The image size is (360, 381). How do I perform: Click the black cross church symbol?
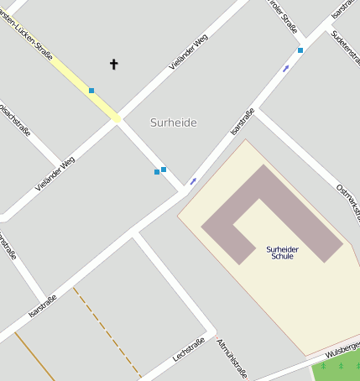tap(114, 64)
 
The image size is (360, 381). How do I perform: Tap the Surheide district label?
tap(174, 123)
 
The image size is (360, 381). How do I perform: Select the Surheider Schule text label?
tap(283, 253)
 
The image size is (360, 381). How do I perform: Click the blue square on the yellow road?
tap(91, 91)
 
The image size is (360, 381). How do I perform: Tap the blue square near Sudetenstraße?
tap(300, 50)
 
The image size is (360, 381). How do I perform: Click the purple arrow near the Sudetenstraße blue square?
tap(287, 67)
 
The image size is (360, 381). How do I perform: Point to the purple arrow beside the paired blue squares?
tap(193, 181)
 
